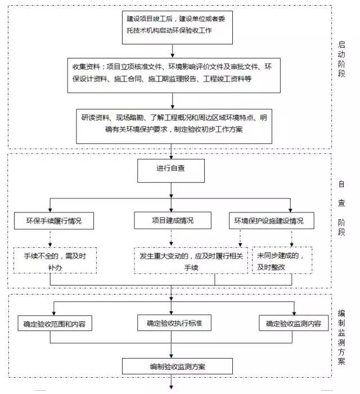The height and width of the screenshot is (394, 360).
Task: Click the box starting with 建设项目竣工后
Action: pyautogui.click(x=177, y=28)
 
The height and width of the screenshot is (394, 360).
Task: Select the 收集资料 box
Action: pyautogui.click(x=174, y=75)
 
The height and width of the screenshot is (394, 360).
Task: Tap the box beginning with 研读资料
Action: pyautogui.click(x=174, y=126)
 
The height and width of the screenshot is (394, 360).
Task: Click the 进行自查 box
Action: pyautogui.click(x=170, y=171)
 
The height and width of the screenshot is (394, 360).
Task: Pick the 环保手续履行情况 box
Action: pyautogui.click(x=54, y=221)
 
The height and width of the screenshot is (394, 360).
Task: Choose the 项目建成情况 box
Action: pyautogui.click(x=173, y=220)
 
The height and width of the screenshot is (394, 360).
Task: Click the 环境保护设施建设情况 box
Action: pyautogui.click(x=272, y=221)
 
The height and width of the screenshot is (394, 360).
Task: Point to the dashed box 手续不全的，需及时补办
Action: pyautogui.click(x=55, y=260)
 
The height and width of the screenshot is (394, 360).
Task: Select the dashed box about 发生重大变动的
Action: pyautogui.click(x=191, y=260)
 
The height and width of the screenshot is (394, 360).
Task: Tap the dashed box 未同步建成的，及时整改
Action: pyautogui.click(x=282, y=260)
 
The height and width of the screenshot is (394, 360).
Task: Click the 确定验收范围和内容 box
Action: pyautogui.click(x=55, y=323)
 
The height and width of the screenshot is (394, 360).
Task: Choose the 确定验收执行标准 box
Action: pyautogui.click(x=174, y=323)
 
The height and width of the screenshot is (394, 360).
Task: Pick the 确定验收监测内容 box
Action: pyautogui.click(x=294, y=323)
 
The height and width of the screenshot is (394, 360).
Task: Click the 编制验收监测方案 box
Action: pyautogui.click(x=177, y=366)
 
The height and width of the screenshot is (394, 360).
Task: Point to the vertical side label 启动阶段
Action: pyautogui.click(x=341, y=59)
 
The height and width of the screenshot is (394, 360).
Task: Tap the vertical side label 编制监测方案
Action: pyautogui.click(x=341, y=337)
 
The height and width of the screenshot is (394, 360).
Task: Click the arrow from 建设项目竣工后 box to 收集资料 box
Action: pyautogui.click(x=173, y=51)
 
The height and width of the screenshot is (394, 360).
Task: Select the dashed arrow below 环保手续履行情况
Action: pyautogui.click(x=50, y=238)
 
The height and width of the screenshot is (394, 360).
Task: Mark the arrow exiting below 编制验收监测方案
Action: pyautogui.click(x=171, y=382)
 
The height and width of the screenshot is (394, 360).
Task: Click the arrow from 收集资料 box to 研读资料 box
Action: pyautogui.click(x=173, y=101)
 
